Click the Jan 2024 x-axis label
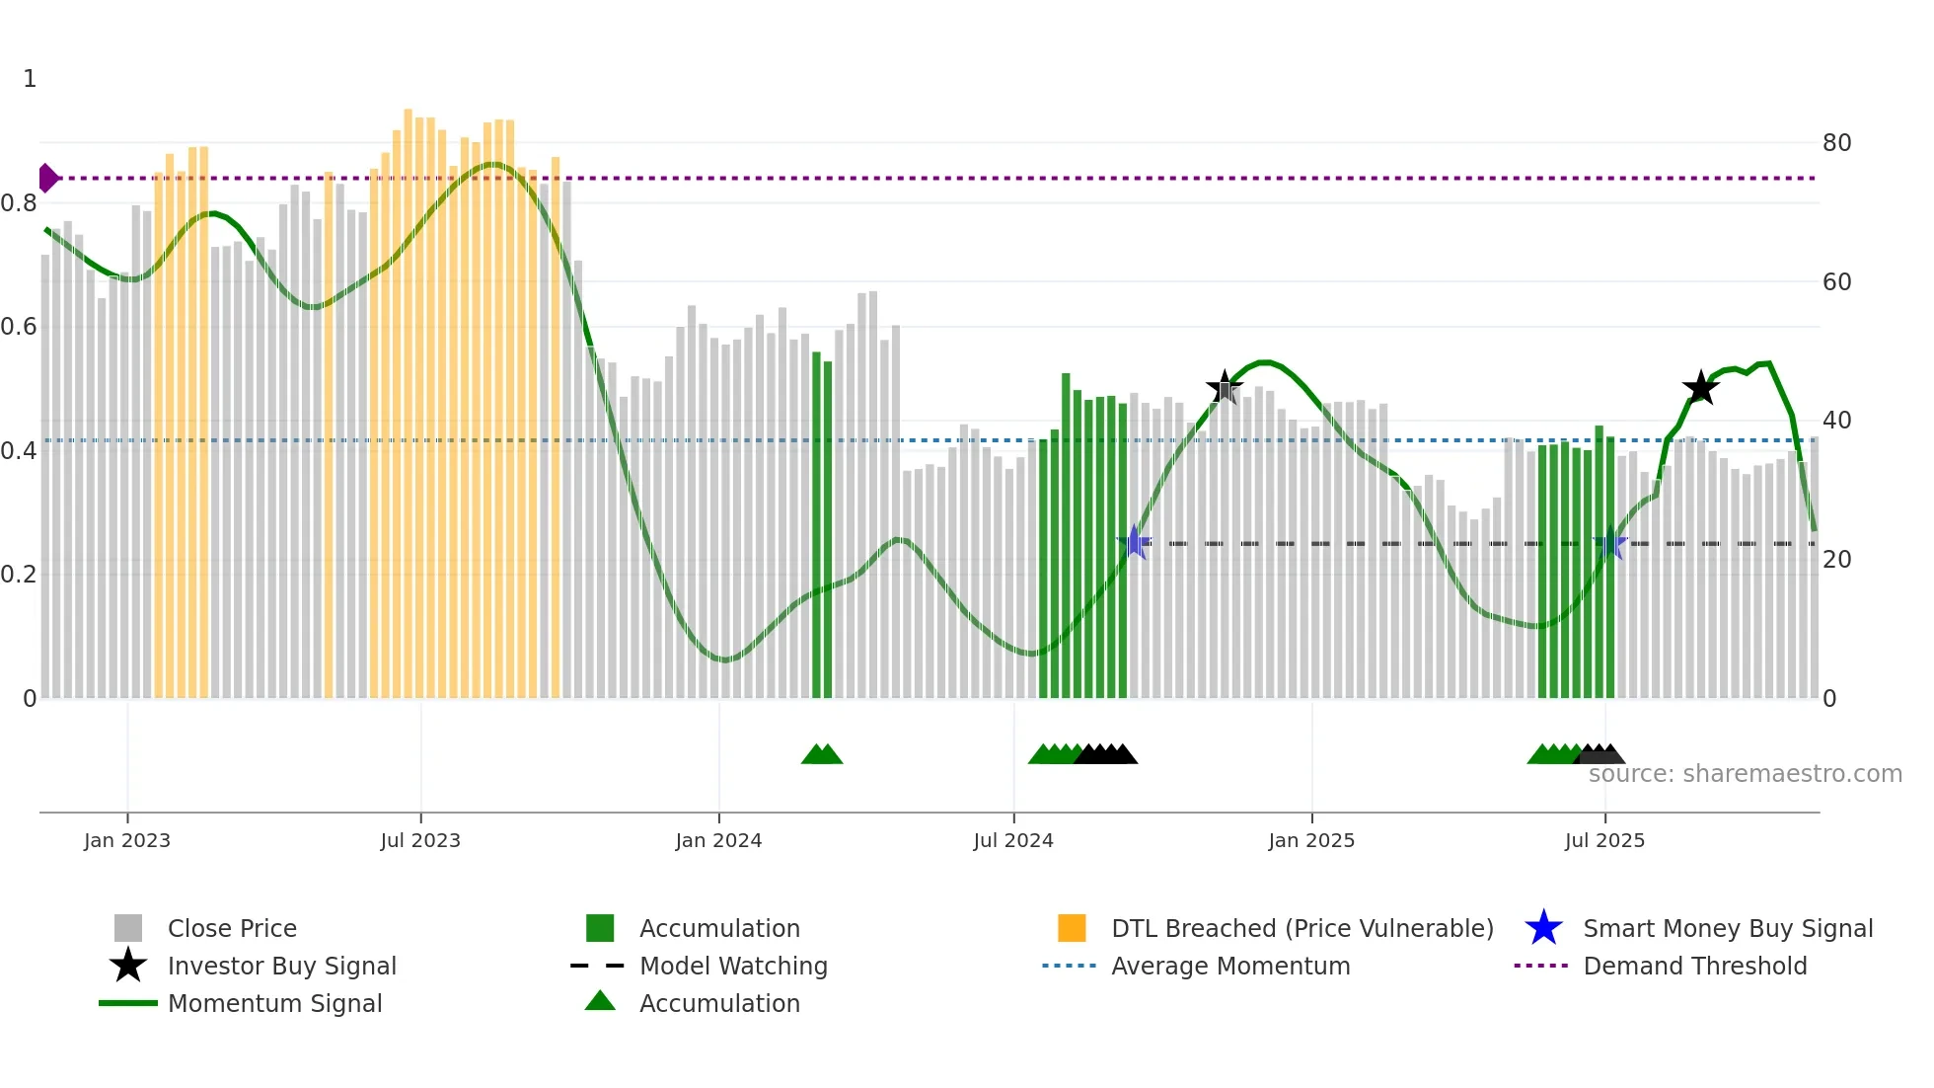click(718, 840)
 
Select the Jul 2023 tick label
click(420, 840)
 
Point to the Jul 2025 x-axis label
click(1604, 840)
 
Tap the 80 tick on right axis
click(1836, 143)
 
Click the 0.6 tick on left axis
click(19, 327)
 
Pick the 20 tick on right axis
click(1836, 560)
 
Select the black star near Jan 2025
click(1225, 388)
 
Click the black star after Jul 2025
click(1700, 388)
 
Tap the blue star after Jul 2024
click(1135, 542)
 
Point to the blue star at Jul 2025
click(1610, 543)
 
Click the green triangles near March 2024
click(822, 754)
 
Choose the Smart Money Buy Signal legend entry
click(1727, 928)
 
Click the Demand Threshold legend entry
click(1694, 966)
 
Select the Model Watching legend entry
click(732, 966)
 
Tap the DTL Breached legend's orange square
click(1072, 928)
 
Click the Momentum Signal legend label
click(274, 1003)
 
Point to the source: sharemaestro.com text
click(1745, 774)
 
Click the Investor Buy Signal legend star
click(128, 966)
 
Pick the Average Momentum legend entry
click(1229, 966)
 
